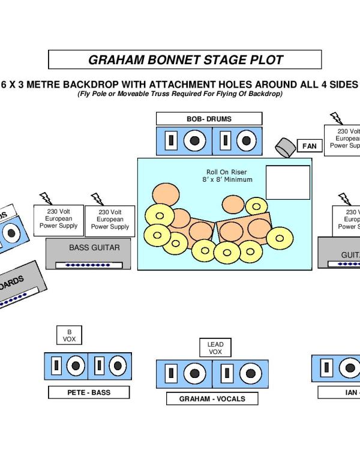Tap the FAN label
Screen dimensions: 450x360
click(x=309, y=146)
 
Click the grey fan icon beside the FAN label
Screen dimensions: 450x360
click(x=284, y=146)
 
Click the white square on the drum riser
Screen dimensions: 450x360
click(x=287, y=182)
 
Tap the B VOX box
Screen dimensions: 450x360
click(x=69, y=336)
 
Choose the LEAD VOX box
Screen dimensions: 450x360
click(x=215, y=348)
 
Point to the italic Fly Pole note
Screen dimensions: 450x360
click(x=179, y=94)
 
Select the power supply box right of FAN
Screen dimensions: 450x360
click(x=343, y=140)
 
